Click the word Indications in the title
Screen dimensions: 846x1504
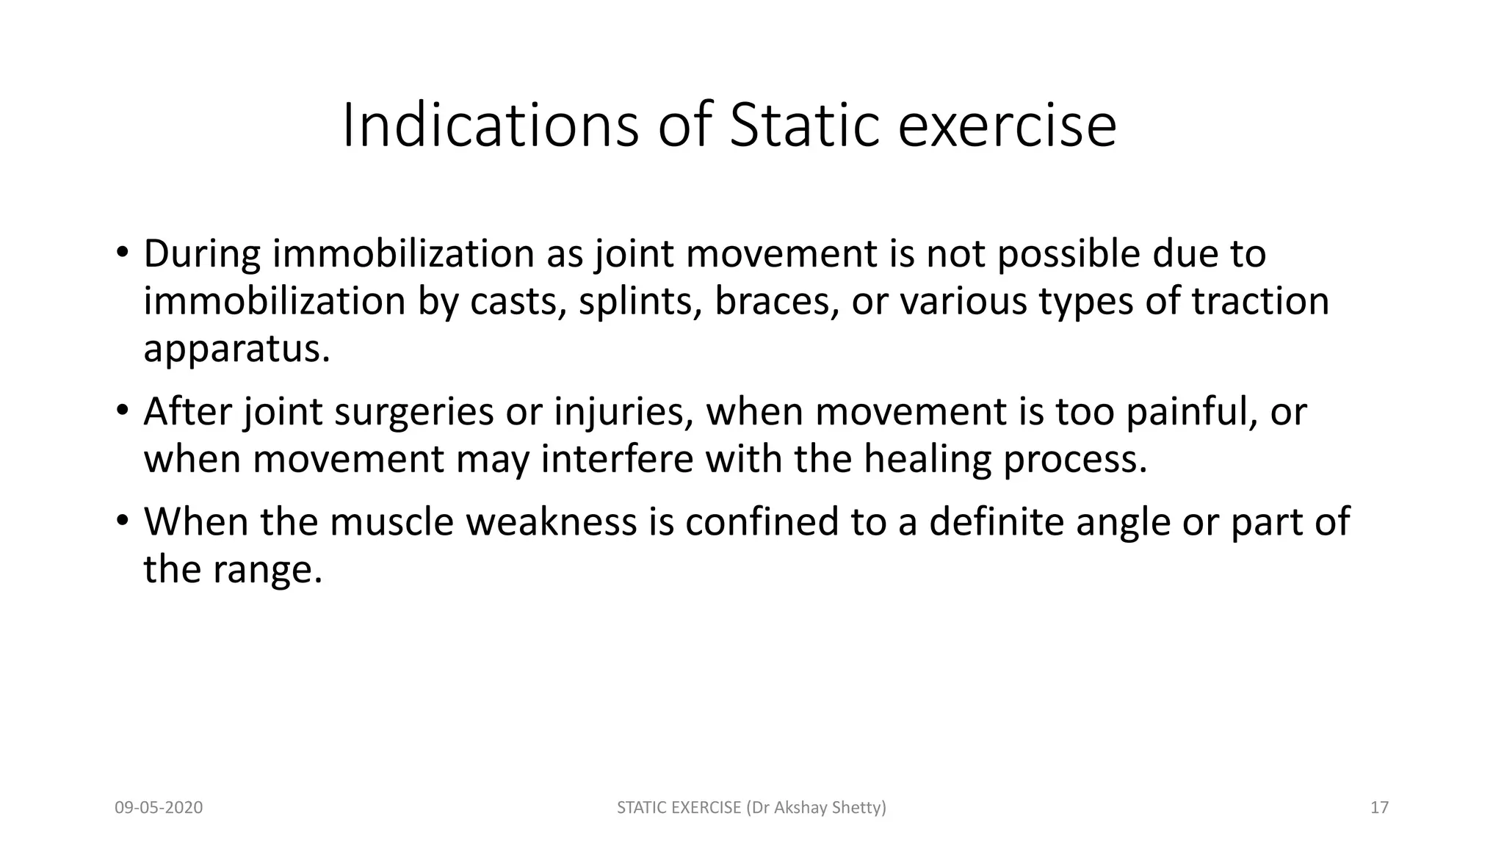491,126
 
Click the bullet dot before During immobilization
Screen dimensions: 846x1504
122,253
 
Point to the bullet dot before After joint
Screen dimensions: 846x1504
122,411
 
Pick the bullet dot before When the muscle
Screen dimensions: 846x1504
122,521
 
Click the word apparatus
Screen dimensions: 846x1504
236,349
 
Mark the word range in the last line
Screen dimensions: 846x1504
267,569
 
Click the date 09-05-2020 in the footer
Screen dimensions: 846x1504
159,808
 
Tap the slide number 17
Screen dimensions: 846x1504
1379,808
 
